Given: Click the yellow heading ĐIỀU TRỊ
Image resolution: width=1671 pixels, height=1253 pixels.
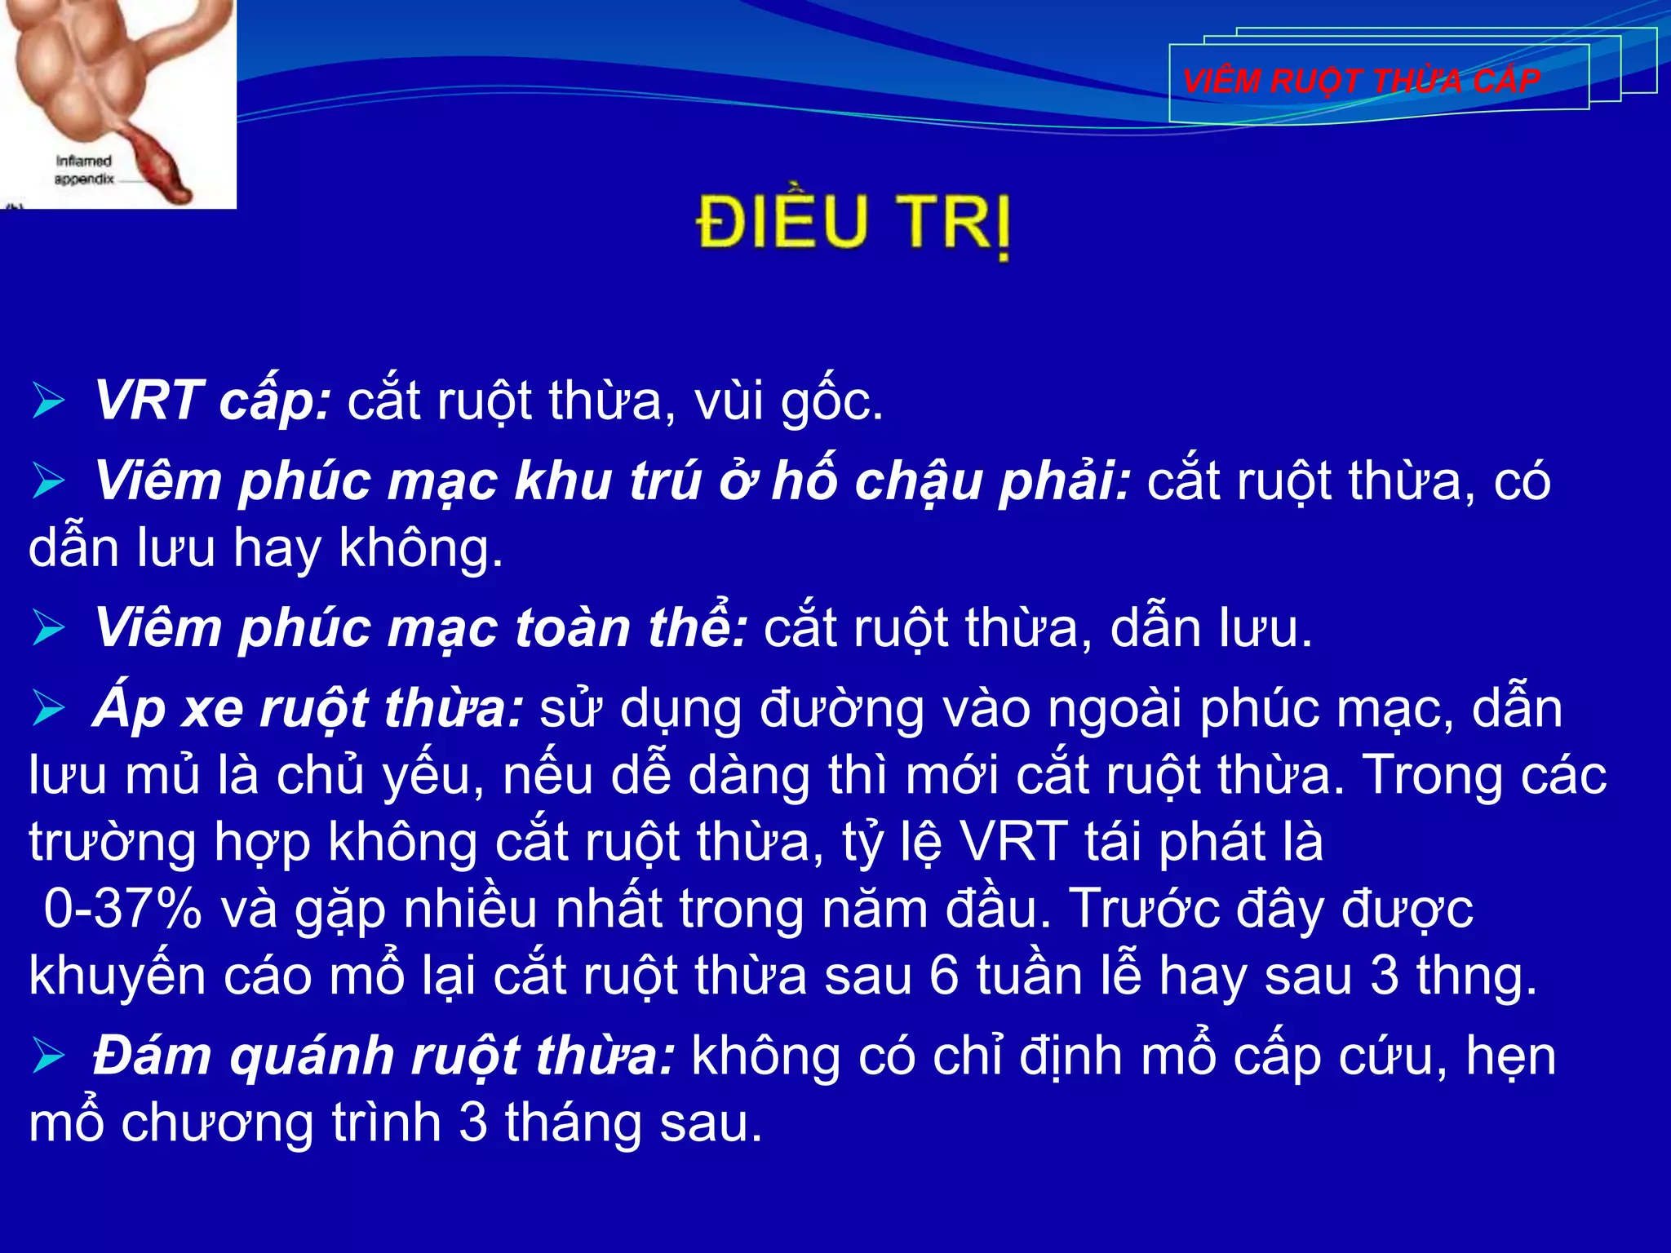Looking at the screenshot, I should coord(853,222).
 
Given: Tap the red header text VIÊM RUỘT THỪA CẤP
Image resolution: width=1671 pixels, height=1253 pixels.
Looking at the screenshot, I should coord(1361,82).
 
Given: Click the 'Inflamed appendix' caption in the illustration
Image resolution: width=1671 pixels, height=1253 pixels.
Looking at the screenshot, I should coord(83,170).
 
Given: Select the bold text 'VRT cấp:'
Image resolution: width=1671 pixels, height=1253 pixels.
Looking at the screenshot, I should coord(213,401).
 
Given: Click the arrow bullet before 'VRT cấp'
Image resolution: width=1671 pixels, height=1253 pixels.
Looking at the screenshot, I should coord(49,401).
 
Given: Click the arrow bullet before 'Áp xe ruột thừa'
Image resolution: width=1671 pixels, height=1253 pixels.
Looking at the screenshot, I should coord(49,708).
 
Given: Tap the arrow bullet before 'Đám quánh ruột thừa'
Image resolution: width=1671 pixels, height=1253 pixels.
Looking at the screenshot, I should coord(49,1056).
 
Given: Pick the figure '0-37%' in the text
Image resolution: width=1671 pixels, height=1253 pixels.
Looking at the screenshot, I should coord(122,909).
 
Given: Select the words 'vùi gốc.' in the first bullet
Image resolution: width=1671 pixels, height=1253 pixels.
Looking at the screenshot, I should coord(788,401).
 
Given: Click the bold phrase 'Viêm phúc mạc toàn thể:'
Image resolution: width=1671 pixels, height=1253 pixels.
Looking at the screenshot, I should coord(421,628).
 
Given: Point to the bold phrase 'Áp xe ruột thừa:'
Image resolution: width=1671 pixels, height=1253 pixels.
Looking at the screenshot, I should coord(308,708).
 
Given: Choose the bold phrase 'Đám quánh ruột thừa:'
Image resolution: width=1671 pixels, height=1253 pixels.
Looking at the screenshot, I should coord(383,1056).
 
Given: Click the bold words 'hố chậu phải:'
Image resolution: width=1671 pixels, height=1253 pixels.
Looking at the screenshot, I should coord(951,481).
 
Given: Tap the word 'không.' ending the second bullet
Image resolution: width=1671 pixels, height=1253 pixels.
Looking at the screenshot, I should coord(421,548).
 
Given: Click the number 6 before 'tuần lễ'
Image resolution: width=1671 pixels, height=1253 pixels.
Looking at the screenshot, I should coord(943,976).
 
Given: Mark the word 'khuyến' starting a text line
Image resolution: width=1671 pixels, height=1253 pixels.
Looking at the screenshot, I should coord(117,976).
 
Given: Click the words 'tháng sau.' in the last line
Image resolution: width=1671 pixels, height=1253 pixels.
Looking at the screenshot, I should coord(633,1123).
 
